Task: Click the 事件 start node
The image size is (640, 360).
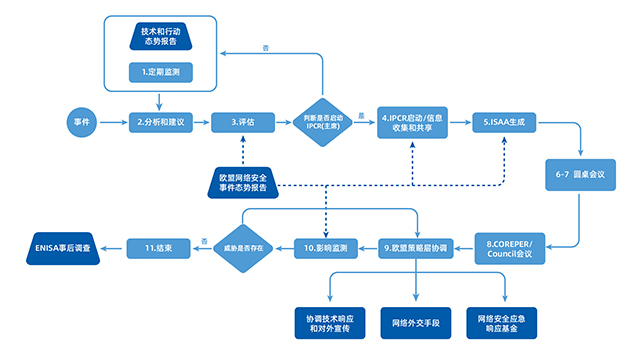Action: pyautogui.click(x=83, y=121)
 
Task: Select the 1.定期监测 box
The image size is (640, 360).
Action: pyautogui.click(x=159, y=72)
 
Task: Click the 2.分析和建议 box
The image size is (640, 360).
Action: pyautogui.click(x=160, y=121)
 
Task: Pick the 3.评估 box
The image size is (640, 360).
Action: pyautogui.click(x=242, y=121)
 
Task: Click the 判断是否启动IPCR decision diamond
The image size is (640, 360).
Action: pyautogui.click(x=323, y=121)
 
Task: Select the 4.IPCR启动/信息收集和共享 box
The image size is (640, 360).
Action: pyautogui.click(x=411, y=121)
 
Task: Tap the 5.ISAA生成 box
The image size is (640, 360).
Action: pyautogui.click(x=503, y=121)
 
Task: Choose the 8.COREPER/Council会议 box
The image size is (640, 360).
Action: pyautogui.click(x=510, y=245)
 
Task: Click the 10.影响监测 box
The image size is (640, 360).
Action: pyautogui.click(x=325, y=245)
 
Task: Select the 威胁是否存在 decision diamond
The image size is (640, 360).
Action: pyautogui.click(x=243, y=245)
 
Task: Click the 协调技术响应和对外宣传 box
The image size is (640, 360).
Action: pyautogui.click(x=329, y=322)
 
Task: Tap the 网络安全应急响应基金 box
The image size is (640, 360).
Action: pyautogui.click(x=507, y=322)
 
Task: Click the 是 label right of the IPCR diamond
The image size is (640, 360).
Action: pyautogui.click(x=361, y=114)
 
